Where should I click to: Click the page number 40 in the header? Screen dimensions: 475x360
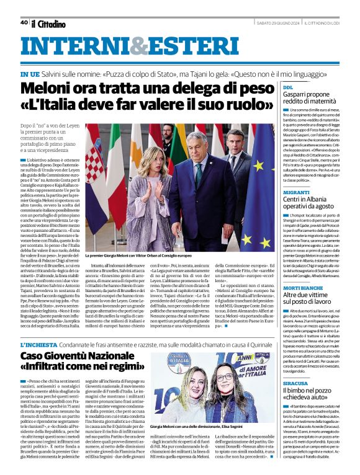24,22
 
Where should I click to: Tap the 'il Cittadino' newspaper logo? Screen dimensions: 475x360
48,24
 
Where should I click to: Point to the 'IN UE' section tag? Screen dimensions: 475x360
30,73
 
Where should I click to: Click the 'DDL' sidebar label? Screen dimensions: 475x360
289,88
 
